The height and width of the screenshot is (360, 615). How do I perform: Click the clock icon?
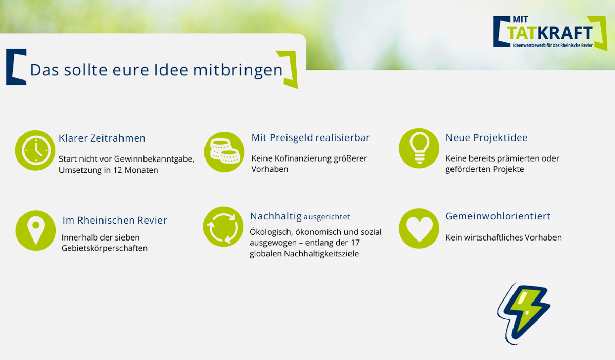[x=35, y=150]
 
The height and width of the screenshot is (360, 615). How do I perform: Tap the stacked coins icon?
[x=224, y=152]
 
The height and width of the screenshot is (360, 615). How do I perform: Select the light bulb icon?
[x=419, y=148]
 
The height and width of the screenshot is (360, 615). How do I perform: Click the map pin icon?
[x=36, y=231]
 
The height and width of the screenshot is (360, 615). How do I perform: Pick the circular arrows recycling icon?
[x=223, y=227]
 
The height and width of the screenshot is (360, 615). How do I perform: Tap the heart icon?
[x=419, y=228]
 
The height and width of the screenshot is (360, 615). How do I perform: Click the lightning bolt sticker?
[x=524, y=313]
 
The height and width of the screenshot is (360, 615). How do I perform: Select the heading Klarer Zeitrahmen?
[x=102, y=138]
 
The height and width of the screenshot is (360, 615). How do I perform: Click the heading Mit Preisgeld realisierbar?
[x=311, y=137]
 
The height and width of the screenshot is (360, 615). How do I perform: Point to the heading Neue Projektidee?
[x=486, y=137]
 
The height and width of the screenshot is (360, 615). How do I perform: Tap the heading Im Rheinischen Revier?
[x=114, y=220]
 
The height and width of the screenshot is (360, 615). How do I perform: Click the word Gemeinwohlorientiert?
[x=498, y=216]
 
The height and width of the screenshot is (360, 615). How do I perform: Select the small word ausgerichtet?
[x=327, y=217]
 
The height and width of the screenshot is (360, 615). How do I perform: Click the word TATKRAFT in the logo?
[x=550, y=33]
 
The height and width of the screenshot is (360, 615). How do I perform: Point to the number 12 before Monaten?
[x=117, y=170]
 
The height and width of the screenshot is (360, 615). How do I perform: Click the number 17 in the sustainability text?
[x=355, y=243]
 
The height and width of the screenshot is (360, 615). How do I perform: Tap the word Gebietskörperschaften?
[x=105, y=248]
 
